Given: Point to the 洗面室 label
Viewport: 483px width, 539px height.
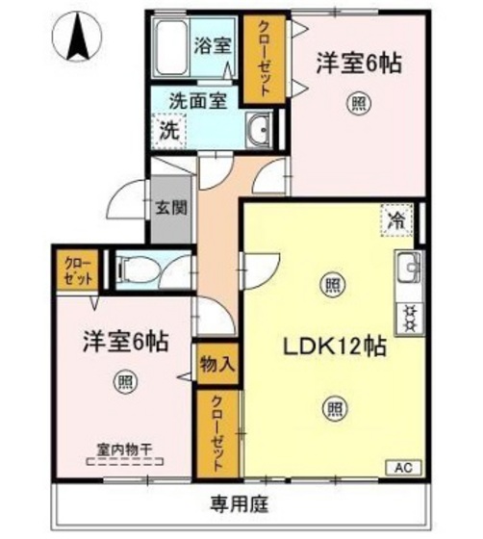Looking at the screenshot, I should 197,99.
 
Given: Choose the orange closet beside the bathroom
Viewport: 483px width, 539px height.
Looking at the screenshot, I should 263,59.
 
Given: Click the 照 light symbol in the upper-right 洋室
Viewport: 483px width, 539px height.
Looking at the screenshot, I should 358,103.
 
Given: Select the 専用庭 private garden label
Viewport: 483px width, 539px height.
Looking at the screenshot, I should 241,502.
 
